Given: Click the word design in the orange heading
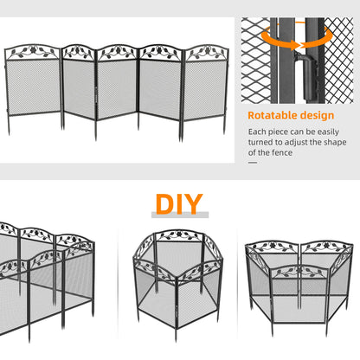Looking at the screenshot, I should point(317,115).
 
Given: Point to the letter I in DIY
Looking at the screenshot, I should point(182,205).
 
